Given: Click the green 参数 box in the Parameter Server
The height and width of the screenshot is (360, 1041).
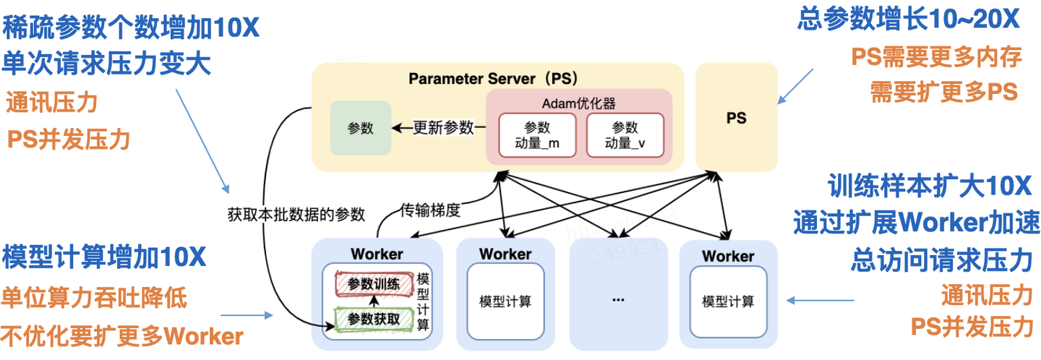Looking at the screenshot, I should click(360, 128).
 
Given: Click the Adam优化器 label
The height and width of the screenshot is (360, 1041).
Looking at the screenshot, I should click(580, 102).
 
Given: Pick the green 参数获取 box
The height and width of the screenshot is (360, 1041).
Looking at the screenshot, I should click(373, 318).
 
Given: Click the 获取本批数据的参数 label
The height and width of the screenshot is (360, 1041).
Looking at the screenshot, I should click(296, 214).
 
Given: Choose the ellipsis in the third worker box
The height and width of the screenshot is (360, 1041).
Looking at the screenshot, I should click(617, 299).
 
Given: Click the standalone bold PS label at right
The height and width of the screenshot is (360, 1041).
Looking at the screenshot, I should click(736, 118).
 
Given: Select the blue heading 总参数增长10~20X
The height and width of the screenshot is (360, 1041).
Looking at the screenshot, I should click(908, 20).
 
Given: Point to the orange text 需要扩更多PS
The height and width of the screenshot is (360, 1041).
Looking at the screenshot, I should click(943, 91).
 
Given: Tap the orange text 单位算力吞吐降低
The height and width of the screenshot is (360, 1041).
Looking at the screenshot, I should click(94, 298).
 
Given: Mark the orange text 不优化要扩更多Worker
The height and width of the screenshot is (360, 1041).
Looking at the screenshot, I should click(121, 335).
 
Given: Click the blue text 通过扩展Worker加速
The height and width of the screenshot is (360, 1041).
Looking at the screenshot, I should click(916, 221).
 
